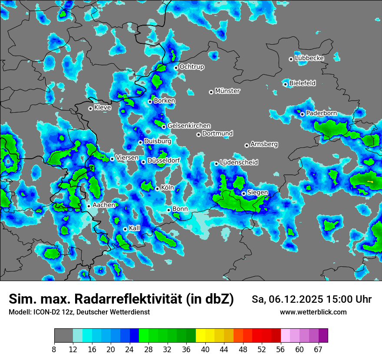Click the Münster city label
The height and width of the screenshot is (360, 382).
(227, 91)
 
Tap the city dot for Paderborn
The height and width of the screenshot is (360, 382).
(303, 114)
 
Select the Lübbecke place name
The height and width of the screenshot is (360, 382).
(309, 58)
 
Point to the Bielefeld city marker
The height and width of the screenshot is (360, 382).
(286, 84)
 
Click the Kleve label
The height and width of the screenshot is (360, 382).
(102, 108)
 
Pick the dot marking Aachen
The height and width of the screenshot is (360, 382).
(89, 206)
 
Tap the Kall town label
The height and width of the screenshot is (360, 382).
(135, 228)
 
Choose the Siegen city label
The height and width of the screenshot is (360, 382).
(257, 193)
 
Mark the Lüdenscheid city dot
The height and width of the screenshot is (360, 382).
(216, 164)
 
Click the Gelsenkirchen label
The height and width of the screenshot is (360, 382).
(189, 126)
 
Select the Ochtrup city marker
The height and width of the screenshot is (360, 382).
(176, 67)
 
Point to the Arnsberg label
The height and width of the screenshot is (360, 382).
(264, 144)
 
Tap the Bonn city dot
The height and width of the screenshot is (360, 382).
(169, 210)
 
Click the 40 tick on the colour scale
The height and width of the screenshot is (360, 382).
(205, 349)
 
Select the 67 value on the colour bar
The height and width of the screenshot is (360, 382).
(318, 349)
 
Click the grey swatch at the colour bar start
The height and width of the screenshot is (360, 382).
(63, 336)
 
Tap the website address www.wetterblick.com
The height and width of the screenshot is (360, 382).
(313, 312)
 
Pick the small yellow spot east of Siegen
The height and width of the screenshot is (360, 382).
(370, 181)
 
